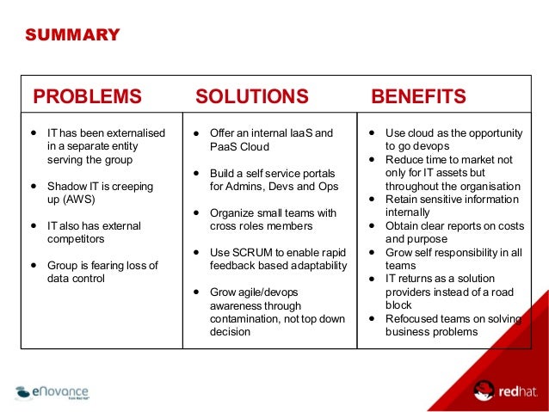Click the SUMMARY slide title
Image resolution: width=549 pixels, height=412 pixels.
pos(72,35)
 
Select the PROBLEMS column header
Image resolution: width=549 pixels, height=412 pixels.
pos(87,95)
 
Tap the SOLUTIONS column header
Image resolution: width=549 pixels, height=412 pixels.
pos(251,95)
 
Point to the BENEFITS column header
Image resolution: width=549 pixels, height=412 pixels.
pos(418,95)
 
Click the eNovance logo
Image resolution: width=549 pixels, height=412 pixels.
pos(52,394)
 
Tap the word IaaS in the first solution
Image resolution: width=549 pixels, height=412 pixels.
pos(298,134)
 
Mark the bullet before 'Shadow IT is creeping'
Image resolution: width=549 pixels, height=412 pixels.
pos(33,186)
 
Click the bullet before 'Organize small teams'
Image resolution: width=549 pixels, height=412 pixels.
pos(196,212)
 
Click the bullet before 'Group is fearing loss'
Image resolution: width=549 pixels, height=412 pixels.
pos(33,266)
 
